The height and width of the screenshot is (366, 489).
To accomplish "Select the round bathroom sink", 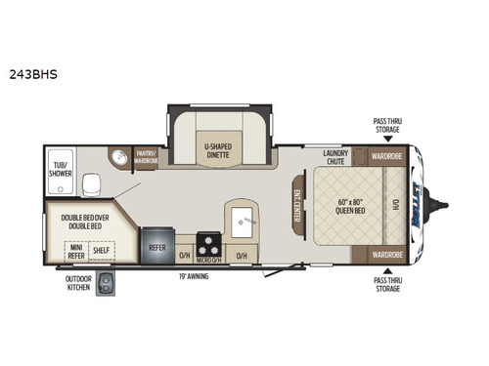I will [119, 157].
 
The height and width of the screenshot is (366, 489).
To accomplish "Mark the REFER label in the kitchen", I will [156, 248].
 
